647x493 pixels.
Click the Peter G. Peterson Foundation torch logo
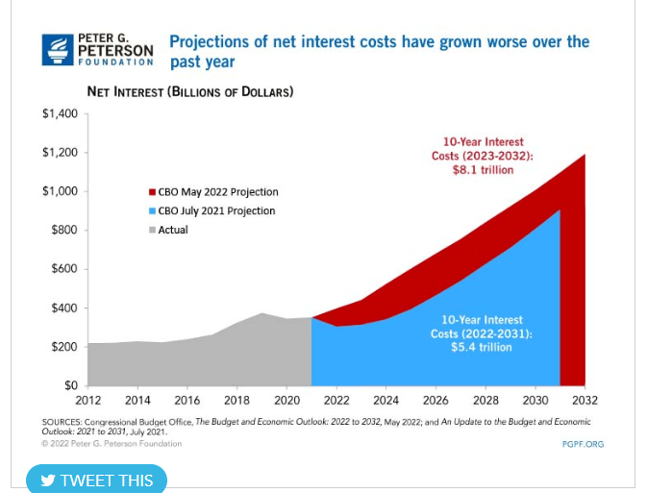pyautogui.click(x=58, y=50)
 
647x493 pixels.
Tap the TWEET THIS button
pyautogui.click(x=96, y=480)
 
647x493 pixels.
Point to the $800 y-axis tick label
pyautogui.click(x=63, y=231)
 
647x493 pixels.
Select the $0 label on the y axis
pyautogui.click(x=70, y=385)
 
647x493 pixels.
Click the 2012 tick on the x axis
pyautogui.click(x=87, y=401)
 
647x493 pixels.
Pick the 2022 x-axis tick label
pyautogui.click(x=336, y=401)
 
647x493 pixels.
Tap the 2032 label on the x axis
pyautogui.click(x=585, y=401)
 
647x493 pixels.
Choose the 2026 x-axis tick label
pyautogui.click(x=435, y=401)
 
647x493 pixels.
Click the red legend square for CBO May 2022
pyautogui.click(x=151, y=192)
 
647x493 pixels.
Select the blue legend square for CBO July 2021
pyautogui.click(x=151, y=211)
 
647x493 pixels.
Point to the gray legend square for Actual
pyautogui.click(x=151, y=231)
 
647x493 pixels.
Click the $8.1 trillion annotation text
pyautogui.click(x=483, y=170)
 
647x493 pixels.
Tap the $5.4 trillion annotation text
pyautogui.click(x=482, y=347)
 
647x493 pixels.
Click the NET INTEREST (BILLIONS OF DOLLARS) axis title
pyautogui.click(x=189, y=92)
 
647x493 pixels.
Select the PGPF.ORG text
pyautogui.click(x=583, y=444)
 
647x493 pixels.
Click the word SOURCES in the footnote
pyautogui.click(x=62, y=422)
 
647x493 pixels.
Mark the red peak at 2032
pyautogui.click(x=584, y=156)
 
